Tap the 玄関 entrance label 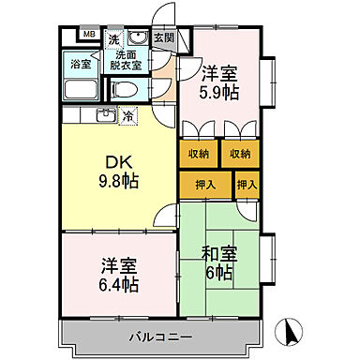[163, 37]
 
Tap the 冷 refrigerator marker [128, 116]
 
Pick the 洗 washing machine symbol [113, 39]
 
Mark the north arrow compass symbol [291, 332]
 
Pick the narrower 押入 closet [246, 185]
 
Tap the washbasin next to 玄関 [137, 39]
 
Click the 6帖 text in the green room [220, 273]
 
